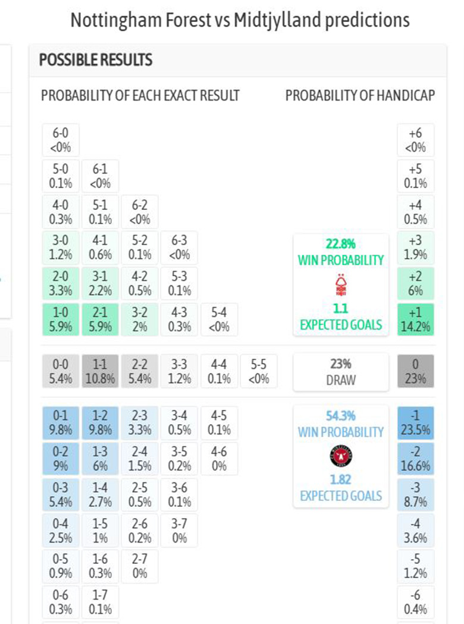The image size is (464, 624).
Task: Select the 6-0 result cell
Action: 61,140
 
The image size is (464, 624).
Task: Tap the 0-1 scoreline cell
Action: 61,422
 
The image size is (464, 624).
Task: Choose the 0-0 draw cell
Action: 61,371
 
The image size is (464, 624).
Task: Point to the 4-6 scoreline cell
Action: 219,458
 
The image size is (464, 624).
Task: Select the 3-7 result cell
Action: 179,530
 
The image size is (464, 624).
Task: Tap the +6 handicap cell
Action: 416,140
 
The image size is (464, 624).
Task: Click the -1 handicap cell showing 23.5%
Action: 416,422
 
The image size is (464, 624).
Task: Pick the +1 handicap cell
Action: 416,319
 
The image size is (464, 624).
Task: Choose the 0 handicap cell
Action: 416,371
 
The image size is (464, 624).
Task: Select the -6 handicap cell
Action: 416,602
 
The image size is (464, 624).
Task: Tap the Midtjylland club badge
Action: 341,457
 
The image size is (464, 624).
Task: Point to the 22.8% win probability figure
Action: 340,243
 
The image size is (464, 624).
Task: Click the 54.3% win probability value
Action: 340,416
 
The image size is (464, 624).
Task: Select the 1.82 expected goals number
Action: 340,480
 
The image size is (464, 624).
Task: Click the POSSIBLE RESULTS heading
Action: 95,60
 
